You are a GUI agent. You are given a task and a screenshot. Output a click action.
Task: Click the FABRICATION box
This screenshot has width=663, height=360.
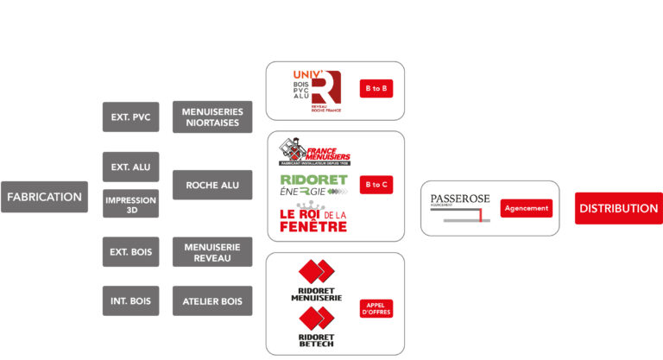point(44,197)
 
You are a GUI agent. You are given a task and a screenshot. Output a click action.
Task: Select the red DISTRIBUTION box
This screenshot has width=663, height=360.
point(618,208)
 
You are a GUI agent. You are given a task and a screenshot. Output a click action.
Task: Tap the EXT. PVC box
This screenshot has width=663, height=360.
point(130,117)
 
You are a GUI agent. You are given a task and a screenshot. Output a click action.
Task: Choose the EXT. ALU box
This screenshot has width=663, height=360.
point(130,166)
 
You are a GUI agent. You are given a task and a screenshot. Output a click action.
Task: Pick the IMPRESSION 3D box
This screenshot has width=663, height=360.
point(130,204)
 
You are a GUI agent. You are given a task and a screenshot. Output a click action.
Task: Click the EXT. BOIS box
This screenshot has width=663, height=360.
point(130,252)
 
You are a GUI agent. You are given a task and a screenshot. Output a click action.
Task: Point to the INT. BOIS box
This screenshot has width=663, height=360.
point(130,300)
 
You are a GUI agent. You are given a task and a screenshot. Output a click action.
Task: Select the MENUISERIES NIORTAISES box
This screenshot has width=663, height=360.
point(212,117)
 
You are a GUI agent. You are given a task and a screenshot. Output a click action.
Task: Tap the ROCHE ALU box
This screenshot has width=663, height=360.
point(212,184)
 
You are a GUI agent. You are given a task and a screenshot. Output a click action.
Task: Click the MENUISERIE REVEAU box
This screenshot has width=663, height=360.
point(212,252)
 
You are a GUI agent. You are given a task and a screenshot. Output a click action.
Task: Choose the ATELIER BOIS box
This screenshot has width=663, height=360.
point(212,300)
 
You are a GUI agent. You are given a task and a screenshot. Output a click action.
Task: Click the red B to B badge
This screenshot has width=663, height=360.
point(376,89)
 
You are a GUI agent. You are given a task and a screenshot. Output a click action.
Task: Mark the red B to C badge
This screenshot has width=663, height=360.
point(376,184)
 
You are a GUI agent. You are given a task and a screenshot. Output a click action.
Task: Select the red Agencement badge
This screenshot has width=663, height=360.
point(526,208)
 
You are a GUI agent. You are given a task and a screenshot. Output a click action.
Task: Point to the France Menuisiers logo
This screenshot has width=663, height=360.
point(314,152)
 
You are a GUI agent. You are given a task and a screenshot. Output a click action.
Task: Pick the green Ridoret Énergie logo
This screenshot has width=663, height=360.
point(314,185)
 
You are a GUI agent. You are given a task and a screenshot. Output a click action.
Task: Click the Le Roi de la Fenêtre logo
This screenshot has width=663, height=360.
point(313,219)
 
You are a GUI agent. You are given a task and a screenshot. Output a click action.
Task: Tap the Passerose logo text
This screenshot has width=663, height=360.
point(459,200)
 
